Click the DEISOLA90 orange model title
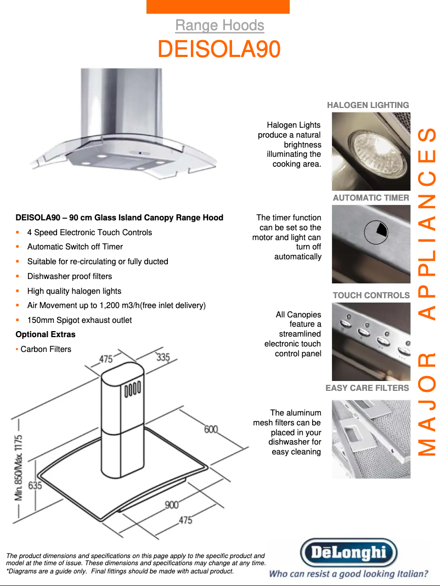tap(219, 49)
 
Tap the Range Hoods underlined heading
tap(219, 25)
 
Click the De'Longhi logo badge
tap(349, 553)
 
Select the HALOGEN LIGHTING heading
tap(368, 105)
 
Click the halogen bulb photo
tap(371, 151)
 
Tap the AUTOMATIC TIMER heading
tap(371, 198)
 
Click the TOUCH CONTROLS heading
tap(371, 295)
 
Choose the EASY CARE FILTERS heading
tap(367, 388)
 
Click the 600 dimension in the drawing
tap(211, 429)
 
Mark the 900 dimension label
tap(172, 505)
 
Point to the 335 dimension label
tap(163, 357)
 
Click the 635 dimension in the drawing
tap(35, 486)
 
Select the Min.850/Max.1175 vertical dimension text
tap(18, 468)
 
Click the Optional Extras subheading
tap(46, 334)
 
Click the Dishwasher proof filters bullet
tap(70, 276)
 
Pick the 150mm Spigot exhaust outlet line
tap(80, 320)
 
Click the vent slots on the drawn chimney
tap(132, 389)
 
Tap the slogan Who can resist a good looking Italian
tap(349, 574)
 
